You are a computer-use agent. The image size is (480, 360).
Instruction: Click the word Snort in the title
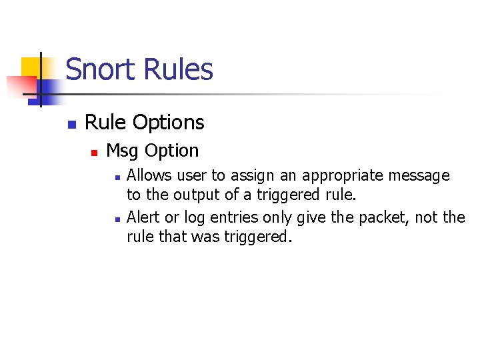pyautogui.click(x=99, y=70)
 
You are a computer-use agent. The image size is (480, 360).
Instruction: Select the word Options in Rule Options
pyautogui.click(x=169, y=123)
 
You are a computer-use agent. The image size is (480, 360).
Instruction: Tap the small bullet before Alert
pyautogui.click(x=117, y=219)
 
